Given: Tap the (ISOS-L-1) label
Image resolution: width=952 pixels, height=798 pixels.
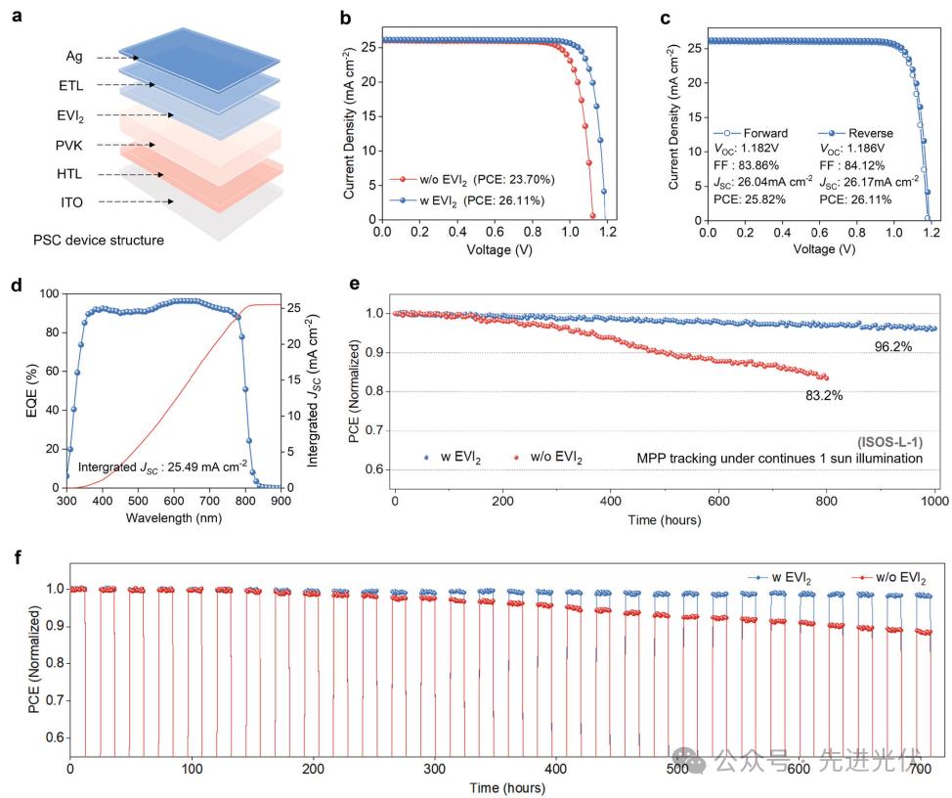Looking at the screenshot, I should click(x=890, y=443).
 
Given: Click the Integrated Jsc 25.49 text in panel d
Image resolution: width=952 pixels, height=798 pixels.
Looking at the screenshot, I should click(x=161, y=467).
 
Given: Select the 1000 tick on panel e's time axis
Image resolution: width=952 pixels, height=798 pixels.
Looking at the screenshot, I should click(x=935, y=502).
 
